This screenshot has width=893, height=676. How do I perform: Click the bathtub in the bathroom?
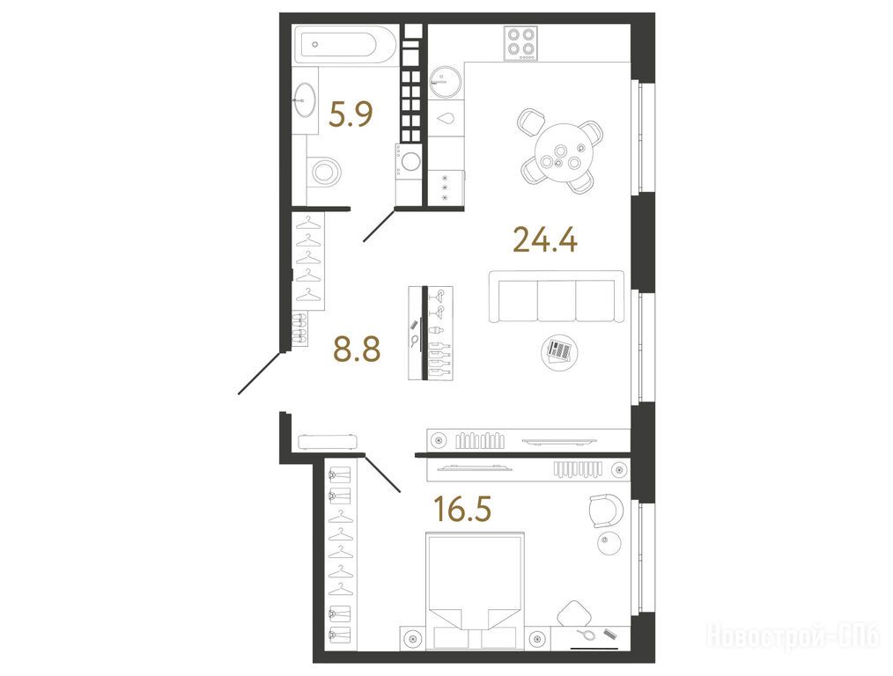[343, 44]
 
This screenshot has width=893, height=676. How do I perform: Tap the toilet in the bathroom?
[325, 170]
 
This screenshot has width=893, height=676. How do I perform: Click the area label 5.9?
[351, 113]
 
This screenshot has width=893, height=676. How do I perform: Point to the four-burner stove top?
[520, 43]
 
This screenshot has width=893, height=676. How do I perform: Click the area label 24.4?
[545, 239]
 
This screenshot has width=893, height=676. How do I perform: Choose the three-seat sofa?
[557, 296]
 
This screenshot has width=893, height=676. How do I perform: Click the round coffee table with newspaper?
[558, 352]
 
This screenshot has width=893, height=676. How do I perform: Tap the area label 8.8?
[357, 349]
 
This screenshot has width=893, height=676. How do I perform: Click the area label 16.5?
[462, 509]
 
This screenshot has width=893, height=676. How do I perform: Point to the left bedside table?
[413, 638]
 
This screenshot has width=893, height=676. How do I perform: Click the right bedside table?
[537, 638]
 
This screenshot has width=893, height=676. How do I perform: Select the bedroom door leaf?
[382, 474]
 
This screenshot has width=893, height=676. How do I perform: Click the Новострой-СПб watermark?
[793, 635]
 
